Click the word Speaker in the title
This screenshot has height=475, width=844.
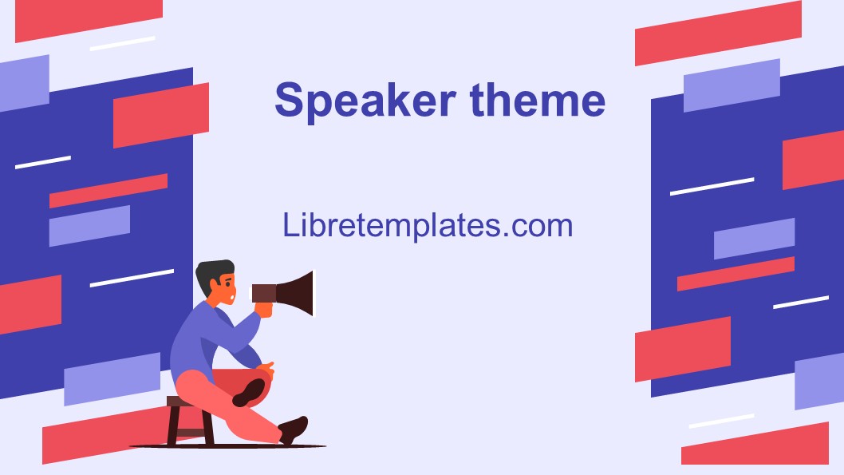[x=365, y=101]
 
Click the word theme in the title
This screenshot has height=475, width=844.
[x=537, y=101]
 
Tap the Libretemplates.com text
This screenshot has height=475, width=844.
[x=428, y=225]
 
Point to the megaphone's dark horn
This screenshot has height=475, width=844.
[x=297, y=293]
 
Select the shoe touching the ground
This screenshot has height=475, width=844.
[x=294, y=429]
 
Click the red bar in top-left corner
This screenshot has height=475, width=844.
[x=89, y=19]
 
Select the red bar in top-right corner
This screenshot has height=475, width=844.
[x=717, y=33]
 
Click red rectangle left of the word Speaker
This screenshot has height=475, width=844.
[x=160, y=115]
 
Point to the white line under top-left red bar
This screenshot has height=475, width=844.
[x=122, y=43]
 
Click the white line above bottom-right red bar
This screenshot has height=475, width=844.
[x=721, y=421]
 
